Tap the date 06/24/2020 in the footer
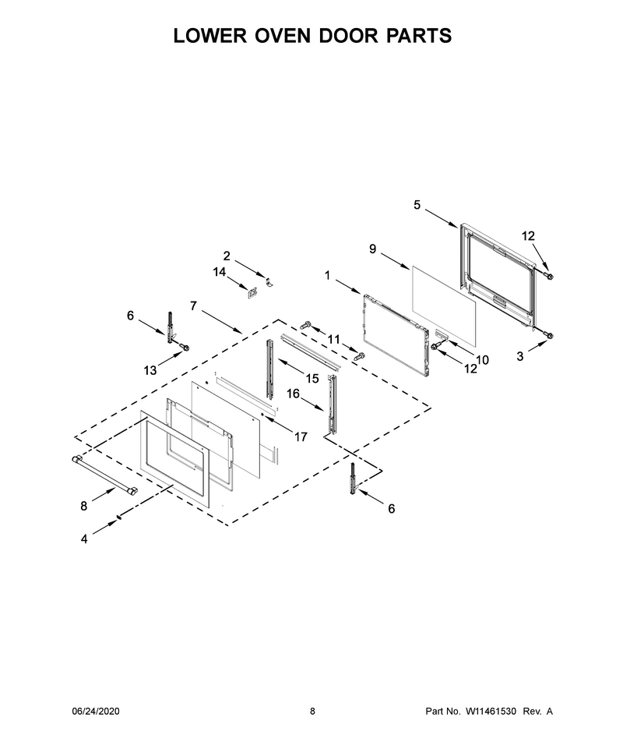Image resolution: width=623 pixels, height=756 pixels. (x=96, y=711)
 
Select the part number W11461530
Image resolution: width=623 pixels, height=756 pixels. (x=491, y=711)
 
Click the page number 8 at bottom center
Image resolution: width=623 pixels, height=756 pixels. (x=312, y=711)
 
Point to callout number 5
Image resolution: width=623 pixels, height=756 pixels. (x=417, y=205)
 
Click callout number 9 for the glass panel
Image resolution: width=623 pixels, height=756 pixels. (x=373, y=249)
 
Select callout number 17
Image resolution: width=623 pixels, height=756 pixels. (x=301, y=436)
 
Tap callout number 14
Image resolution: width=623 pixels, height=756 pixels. (x=220, y=273)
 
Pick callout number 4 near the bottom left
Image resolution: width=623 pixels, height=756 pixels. (x=84, y=539)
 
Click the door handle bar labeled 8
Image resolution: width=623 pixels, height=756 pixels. (x=104, y=475)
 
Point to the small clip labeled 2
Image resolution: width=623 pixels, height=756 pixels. (x=269, y=281)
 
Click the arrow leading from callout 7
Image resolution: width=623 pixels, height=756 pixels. (x=222, y=322)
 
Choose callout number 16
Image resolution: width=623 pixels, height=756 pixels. (x=293, y=394)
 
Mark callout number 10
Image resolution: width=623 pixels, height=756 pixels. (x=482, y=359)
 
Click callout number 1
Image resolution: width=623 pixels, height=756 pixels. (x=328, y=275)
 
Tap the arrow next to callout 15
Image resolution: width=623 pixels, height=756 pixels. (x=290, y=367)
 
